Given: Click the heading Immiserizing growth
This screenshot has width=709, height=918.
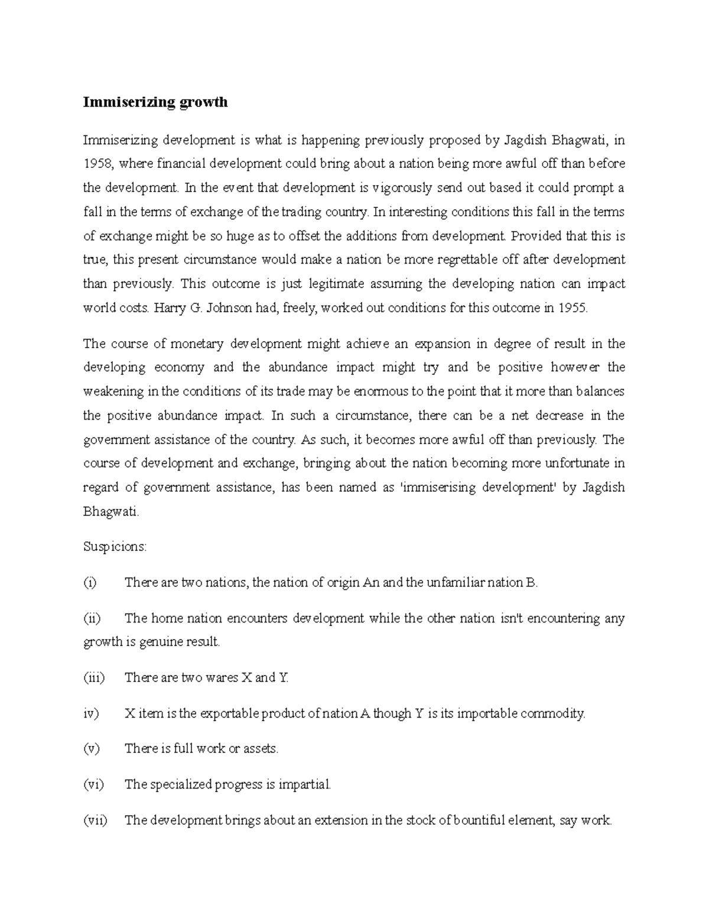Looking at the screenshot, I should [155, 102].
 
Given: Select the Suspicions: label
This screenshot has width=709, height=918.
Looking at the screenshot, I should [115, 547].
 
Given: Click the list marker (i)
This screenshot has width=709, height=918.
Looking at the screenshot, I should [89, 583].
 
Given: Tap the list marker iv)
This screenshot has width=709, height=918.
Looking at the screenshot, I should [91, 713].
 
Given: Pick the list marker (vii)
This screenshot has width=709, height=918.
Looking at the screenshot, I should [95, 820].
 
